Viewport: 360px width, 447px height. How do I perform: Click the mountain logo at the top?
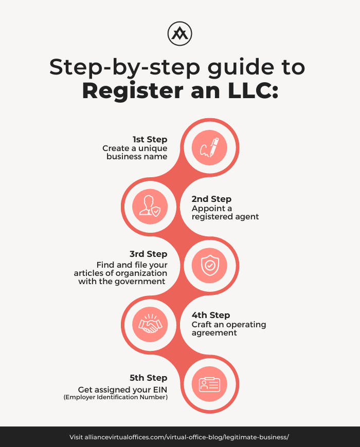pyautogui.click(x=179, y=33)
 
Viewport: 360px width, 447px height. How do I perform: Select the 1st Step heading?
pyautogui.click(x=150, y=139)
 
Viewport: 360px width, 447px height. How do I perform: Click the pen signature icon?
pyautogui.click(x=209, y=147)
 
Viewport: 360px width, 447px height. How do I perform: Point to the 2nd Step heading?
pyautogui.click(x=211, y=199)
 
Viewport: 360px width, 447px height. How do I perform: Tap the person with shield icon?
pyautogui.click(x=150, y=206)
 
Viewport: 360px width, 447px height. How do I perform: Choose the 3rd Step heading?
pyautogui.click(x=148, y=254)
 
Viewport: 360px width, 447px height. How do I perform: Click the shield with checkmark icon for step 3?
pyautogui.click(x=210, y=266)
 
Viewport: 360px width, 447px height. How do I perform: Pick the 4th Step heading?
pyautogui.click(x=211, y=315)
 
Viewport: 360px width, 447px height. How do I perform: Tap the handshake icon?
pyautogui.click(x=150, y=324)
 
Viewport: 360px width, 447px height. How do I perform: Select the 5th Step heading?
pyautogui.click(x=148, y=378)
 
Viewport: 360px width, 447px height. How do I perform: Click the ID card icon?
pyautogui.click(x=210, y=384)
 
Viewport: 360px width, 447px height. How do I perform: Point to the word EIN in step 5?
pyautogui.click(x=160, y=389)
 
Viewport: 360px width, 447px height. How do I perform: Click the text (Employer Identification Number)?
pyautogui.click(x=116, y=397)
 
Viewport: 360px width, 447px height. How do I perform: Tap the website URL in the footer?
pyautogui.click(x=187, y=437)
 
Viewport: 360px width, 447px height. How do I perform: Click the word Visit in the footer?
pyautogui.click(x=76, y=437)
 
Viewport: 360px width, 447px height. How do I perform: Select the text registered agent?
pyautogui.click(x=225, y=217)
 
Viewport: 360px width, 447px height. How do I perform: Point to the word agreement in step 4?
pyautogui.click(x=214, y=333)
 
